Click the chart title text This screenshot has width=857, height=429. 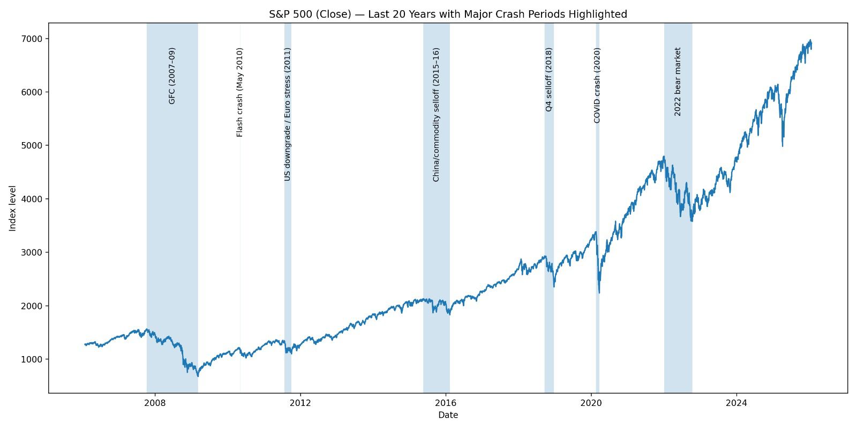tap(448, 14)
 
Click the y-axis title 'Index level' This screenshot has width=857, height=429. tap(13, 208)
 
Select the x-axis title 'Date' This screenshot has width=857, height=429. tap(448, 415)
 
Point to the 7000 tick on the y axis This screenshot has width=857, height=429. tap(34, 39)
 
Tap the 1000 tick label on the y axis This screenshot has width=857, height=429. tap(34, 359)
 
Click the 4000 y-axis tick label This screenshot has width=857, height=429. tap(34, 199)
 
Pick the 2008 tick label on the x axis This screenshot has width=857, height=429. tap(155, 403)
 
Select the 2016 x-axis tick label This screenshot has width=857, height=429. tap(446, 403)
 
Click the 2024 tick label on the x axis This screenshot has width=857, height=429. tap(736, 403)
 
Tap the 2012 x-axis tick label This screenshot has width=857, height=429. tap(300, 403)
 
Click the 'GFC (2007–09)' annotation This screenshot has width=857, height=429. tap(172, 76)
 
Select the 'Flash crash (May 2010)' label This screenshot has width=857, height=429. tap(240, 92)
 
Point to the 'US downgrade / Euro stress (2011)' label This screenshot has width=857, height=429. tap(288, 114)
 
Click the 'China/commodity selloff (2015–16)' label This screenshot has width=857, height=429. tap(436, 115)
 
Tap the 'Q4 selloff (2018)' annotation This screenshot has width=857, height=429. tap(548, 79)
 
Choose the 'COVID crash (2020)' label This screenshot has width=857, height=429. tap(597, 85)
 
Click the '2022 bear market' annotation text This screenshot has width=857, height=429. tap(678, 82)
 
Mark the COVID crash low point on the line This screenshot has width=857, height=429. tap(599, 293)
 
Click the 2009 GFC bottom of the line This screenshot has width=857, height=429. tap(198, 376)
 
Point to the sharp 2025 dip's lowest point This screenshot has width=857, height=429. tap(783, 146)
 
